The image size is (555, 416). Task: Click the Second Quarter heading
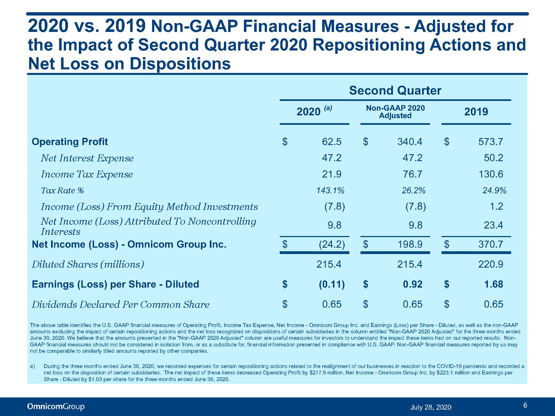click(395, 90)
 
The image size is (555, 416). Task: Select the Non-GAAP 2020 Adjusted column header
click(395, 112)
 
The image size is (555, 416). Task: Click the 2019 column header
click(476, 111)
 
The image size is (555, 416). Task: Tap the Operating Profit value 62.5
click(332, 142)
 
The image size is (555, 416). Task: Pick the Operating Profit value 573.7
click(491, 142)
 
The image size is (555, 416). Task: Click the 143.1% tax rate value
click(330, 190)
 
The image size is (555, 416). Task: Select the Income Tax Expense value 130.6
click(491, 174)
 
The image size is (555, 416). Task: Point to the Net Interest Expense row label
click(87, 158)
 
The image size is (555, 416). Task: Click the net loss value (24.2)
click(332, 244)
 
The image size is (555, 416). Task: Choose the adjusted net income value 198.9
click(410, 244)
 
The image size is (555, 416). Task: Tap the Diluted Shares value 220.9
click(491, 264)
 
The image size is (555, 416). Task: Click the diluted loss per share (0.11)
click(332, 284)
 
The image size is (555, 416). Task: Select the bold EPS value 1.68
click(493, 284)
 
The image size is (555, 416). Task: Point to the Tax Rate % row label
click(62, 191)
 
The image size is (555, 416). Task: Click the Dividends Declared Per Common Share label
click(120, 305)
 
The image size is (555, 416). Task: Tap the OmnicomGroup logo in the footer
click(56, 407)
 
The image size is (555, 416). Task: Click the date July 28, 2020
click(431, 407)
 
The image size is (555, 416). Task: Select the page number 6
click(525, 405)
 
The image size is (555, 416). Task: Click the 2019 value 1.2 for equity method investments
click(496, 206)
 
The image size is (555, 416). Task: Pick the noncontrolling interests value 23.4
click(493, 225)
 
